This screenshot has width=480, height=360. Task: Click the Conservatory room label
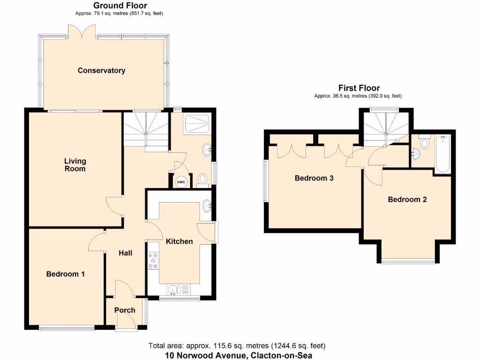[101, 71]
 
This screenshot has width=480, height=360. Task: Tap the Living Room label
[75, 165]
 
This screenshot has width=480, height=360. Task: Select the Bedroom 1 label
[65, 274]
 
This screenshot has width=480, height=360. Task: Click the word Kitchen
[179, 241]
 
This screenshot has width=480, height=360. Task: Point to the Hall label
[125, 253]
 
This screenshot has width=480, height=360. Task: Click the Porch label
[125, 310]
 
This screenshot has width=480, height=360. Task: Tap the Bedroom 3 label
[314, 178]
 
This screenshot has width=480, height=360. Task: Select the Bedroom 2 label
[407, 199]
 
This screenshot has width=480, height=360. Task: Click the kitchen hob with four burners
[153, 261]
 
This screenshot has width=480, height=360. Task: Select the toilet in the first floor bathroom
[425, 142]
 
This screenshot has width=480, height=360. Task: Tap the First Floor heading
[359, 88]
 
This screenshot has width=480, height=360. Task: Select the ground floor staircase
[145, 129]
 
